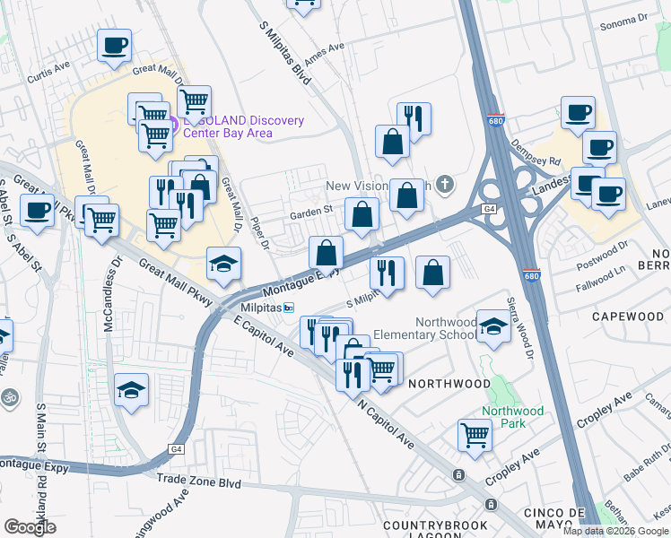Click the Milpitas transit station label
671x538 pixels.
260,308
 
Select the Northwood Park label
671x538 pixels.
512,417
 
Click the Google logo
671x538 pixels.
30,527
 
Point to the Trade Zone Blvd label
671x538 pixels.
198,482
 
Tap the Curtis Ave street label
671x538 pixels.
48,67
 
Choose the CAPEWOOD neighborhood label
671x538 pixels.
627,317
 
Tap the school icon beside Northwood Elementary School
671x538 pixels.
492,328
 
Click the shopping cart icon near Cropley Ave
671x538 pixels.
475,436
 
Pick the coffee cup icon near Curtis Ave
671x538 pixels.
114,46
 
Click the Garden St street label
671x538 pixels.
311,213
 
